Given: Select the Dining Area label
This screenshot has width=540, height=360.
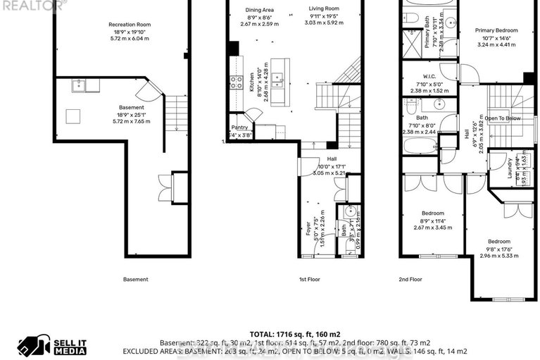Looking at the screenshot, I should tap(259, 10).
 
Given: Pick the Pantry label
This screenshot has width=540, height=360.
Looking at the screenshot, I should tap(239, 128).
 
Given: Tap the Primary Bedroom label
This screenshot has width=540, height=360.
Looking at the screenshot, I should tap(496, 31).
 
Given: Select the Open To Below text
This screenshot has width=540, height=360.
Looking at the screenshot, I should tap(502, 118).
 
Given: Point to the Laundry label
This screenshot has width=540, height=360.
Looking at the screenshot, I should tap(510, 168).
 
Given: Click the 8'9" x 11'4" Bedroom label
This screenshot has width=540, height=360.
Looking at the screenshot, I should tap(432, 213).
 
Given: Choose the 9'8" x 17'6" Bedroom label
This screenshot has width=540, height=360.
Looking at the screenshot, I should tap(499, 242).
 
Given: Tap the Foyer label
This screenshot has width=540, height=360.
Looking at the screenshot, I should tap(308, 230).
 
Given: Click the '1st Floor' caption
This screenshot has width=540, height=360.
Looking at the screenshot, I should tap(310, 280).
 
